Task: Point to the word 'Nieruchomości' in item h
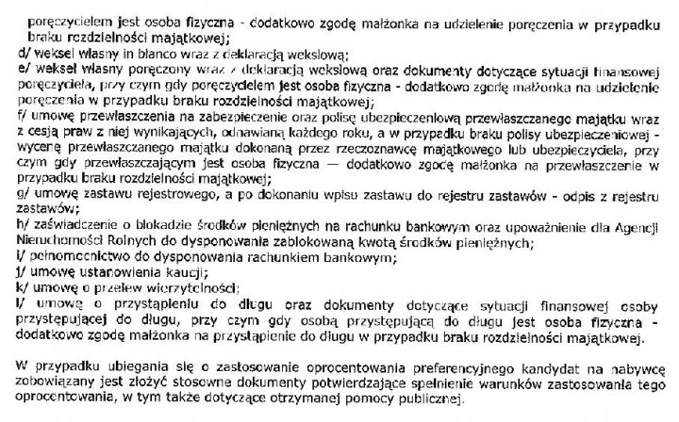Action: point(59,240)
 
